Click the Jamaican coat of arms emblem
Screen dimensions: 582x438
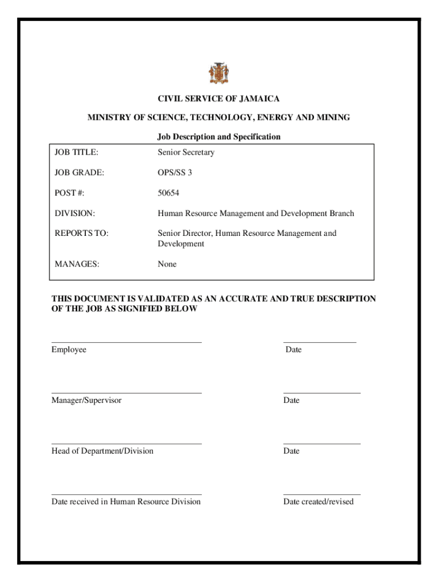pos(218,73)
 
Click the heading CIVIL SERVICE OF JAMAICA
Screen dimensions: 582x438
pos(218,99)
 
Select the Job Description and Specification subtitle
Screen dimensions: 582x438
pos(218,137)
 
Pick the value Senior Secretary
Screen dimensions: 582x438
pos(185,152)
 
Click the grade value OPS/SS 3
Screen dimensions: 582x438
pos(175,172)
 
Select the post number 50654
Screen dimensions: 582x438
pos(168,193)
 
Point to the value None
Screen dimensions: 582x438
pos(167,264)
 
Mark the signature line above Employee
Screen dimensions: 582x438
pos(126,342)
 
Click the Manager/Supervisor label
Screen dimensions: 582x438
pos(86,401)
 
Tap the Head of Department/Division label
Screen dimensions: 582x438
pos(102,451)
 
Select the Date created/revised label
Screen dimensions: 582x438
pos(319,501)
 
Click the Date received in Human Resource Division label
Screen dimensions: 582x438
pos(126,501)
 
